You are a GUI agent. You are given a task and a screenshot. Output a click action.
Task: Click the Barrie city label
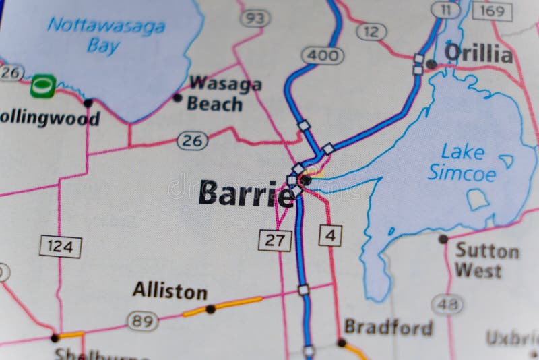coord(247,193)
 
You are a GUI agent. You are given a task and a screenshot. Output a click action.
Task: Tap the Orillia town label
coord(478,53)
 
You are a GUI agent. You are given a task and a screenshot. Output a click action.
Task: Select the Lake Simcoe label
coord(462,162)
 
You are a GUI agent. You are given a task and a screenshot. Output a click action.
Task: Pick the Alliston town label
coord(170,291)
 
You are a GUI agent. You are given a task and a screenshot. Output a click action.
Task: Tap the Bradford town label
coord(388,328)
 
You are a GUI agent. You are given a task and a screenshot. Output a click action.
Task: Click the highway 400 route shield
coord(323,55)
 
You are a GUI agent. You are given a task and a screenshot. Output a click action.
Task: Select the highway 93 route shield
coord(255,18)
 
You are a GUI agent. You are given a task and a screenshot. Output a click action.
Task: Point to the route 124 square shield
coord(60,246)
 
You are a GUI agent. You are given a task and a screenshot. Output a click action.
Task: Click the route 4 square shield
coord(329,235)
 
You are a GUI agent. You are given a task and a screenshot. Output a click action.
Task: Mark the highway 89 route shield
coord(143,321)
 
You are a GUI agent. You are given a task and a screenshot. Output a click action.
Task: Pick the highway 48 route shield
coord(447,305)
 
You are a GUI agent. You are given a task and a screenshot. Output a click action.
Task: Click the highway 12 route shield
coord(371,31)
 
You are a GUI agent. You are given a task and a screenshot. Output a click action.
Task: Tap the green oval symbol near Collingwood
coord(43,86)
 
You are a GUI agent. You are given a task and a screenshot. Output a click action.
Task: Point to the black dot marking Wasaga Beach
coord(177,98)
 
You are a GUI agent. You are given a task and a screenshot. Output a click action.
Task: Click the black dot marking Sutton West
coord(443,239)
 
